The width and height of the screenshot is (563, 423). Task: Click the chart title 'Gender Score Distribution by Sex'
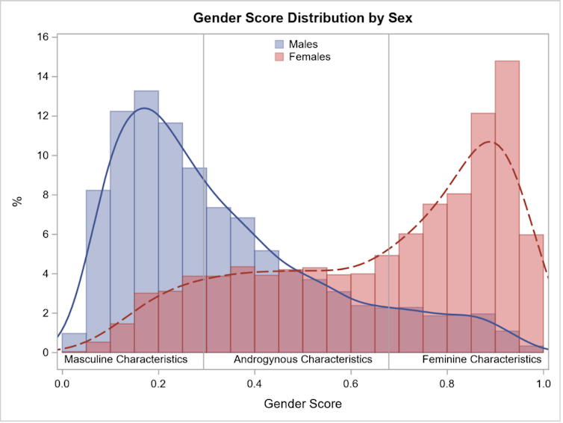pos(302,17)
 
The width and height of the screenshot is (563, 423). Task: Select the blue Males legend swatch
pos(280,44)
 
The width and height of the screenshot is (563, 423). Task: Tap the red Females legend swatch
pos(280,57)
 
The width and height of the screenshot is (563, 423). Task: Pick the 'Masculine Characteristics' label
pos(125,359)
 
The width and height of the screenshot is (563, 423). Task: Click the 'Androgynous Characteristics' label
pos(302,359)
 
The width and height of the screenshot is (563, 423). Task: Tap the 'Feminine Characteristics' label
pos(482,359)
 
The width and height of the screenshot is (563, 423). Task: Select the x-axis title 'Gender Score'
pos(302,404)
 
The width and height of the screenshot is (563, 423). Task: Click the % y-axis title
pos(16,200)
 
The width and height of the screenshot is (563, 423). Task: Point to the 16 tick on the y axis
pos(43,37)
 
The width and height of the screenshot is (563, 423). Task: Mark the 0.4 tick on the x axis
pos(255,383)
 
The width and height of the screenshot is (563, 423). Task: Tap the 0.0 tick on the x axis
pos(62,383)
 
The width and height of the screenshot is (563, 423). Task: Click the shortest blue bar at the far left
pos(74,342)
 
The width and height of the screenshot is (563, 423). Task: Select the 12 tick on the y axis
pos(43,116)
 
